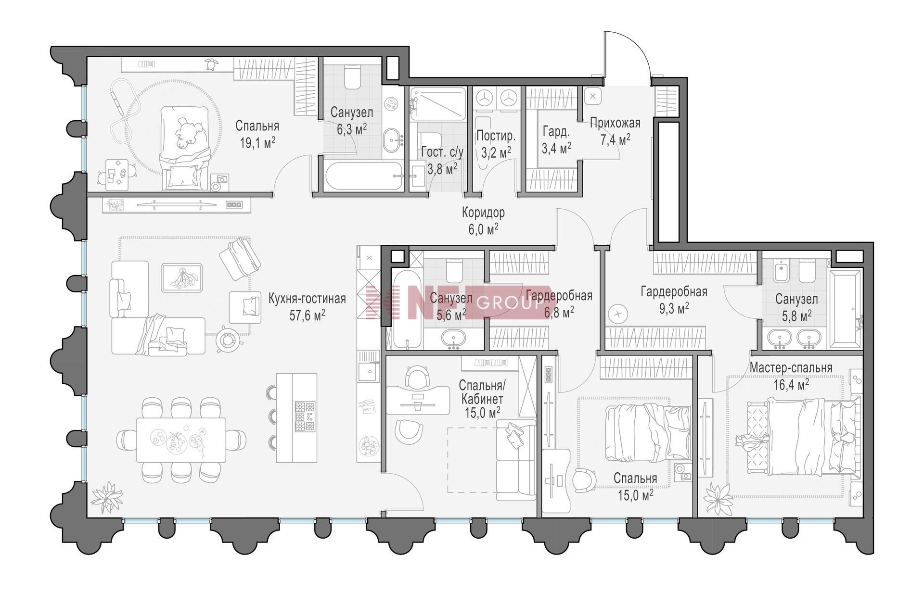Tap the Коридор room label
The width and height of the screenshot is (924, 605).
483,212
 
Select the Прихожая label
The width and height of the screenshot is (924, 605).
615,123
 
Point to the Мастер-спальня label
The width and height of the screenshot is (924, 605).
791,368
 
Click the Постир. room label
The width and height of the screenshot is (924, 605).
496,136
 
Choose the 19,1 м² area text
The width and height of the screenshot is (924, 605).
257,142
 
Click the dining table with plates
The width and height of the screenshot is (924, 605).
181,440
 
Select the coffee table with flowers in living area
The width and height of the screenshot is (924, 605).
181,277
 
